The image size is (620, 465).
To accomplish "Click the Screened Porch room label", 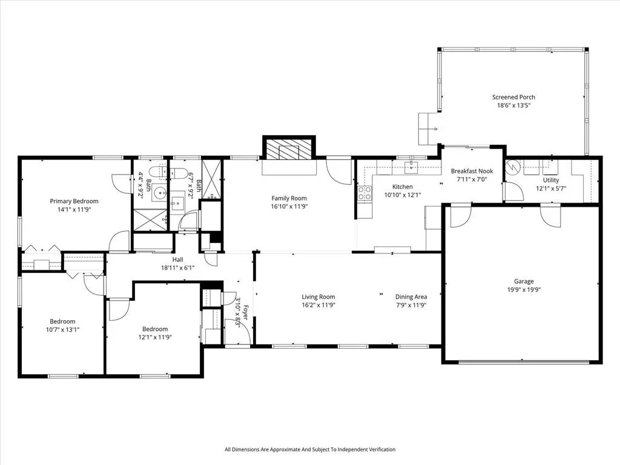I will (513, 97).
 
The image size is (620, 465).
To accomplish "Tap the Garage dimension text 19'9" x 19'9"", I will (524, 290).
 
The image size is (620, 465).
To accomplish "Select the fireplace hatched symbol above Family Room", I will (289, 149).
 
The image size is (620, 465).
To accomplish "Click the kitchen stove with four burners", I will (365, 193).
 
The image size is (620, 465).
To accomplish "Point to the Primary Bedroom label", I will (74, 201).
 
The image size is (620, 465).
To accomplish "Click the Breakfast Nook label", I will (472, 171).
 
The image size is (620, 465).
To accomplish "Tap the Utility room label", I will (551, 180).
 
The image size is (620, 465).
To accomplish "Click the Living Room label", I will (318, 297).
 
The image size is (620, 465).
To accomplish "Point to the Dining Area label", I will (411, 297).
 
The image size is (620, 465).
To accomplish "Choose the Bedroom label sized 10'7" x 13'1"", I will (62, 321).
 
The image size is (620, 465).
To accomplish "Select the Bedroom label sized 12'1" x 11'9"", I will (154, 329).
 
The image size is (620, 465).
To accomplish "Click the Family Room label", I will (289, 198).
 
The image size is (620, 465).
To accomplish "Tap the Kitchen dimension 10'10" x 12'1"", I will (403, 195).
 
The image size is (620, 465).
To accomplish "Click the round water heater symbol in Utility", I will (513, 166).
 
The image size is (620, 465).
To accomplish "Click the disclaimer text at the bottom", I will (309, 449).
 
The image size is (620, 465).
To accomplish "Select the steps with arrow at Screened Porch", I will (429, 129).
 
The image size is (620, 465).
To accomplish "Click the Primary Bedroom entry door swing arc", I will (119, 241).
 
